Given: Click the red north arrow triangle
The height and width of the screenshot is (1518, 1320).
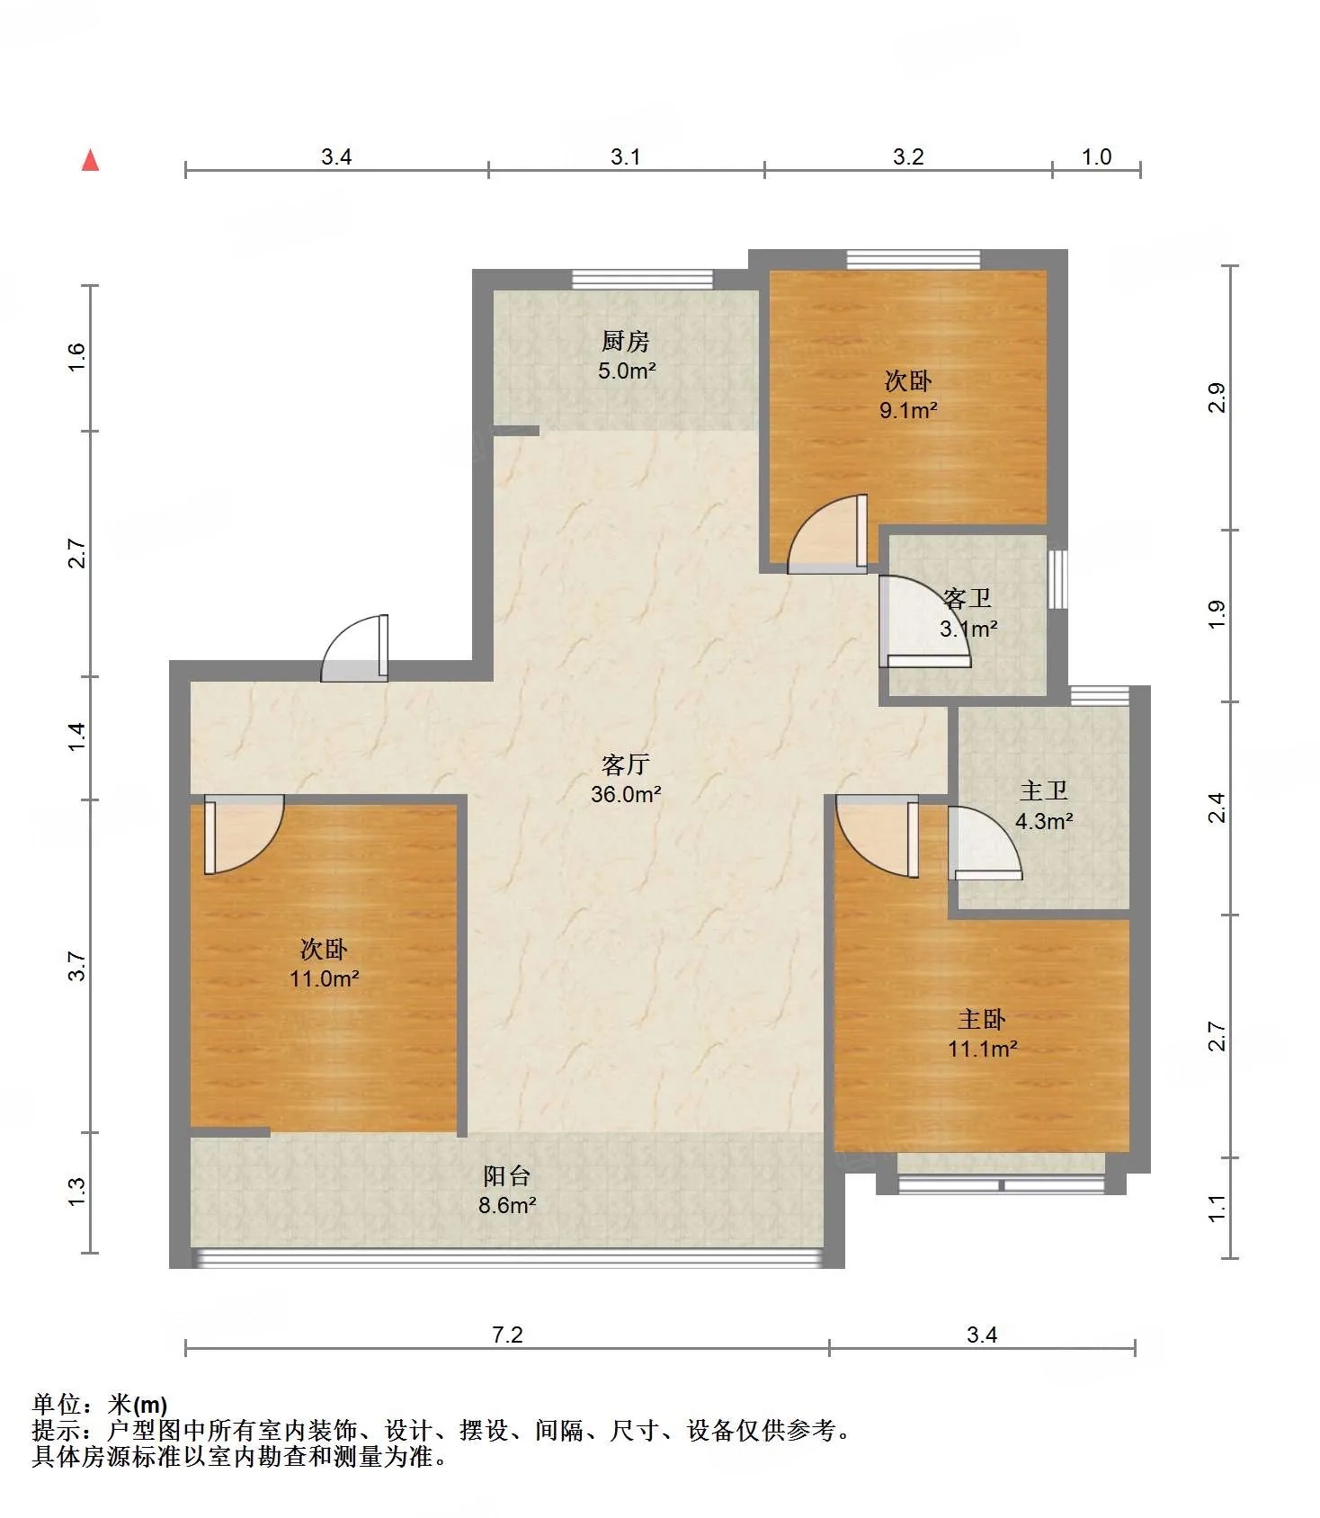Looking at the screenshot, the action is point(90,160).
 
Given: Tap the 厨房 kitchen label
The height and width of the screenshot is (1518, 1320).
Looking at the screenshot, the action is point(626,341).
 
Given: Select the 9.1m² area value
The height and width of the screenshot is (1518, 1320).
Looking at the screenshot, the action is point(908,411).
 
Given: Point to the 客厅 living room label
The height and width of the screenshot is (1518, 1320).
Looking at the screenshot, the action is point(626,764).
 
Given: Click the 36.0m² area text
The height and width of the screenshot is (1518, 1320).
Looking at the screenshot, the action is point(626,794).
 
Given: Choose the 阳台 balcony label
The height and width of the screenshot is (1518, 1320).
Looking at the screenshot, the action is point(507,1175).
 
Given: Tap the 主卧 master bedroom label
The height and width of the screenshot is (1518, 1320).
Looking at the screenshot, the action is point(982,1019).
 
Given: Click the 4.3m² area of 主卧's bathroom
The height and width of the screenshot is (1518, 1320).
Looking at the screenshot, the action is point(1044,821).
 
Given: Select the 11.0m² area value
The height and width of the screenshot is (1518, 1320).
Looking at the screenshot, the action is point(324,978).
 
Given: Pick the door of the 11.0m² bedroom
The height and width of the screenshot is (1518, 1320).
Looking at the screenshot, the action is point(244,835).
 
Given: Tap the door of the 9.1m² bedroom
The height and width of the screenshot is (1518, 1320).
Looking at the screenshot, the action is point(828,533).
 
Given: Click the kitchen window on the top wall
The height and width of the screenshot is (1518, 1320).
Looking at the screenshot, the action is point(642,279).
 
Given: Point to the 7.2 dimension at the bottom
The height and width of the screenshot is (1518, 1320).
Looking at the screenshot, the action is point(507,1335).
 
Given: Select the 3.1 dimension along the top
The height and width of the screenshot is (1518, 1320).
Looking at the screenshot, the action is point(626,156).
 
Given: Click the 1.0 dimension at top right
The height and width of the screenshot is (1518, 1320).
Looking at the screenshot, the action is point(1096,156).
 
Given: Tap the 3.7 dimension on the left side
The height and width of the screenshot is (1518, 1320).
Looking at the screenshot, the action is point(77,966).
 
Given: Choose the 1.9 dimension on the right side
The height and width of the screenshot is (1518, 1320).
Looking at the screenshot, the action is point(1217,614).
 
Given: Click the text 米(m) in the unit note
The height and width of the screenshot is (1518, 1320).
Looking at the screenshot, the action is point(138,1404).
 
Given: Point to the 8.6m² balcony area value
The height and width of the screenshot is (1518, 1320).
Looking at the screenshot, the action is point(507,1205).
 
